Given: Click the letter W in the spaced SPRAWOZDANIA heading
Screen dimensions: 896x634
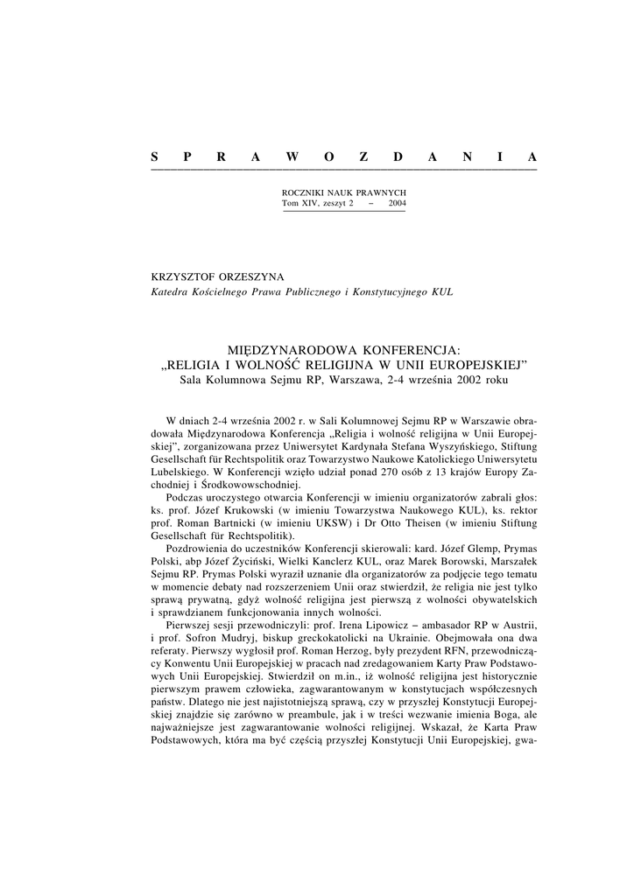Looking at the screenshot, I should coord(292,157).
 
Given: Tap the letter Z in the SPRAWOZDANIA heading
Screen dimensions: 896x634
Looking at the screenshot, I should coord(363,157).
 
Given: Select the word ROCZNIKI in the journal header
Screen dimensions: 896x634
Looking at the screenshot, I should coord(299,192).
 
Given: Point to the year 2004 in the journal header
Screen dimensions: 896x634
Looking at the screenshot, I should coord(395,203).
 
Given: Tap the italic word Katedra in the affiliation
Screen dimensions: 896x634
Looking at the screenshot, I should coord(172,291).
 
